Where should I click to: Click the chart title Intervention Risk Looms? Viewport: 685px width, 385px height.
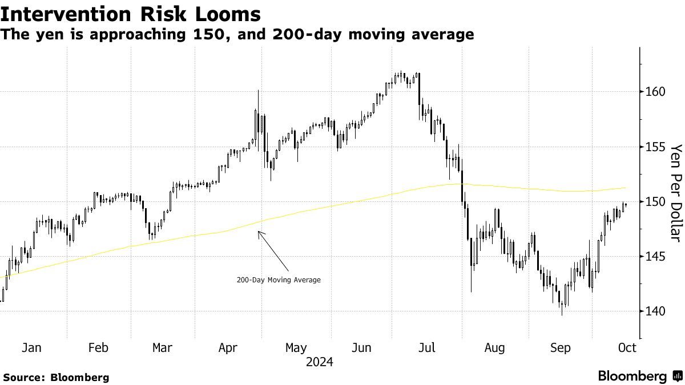[131, 14]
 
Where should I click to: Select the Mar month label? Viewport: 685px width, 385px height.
[163, 348]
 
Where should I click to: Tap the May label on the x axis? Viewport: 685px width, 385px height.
[296, 348]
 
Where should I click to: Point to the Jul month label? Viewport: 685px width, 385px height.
[428, 348]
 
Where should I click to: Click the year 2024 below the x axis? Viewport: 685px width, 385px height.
[319, 362]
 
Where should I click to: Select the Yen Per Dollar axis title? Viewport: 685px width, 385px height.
[676, 193]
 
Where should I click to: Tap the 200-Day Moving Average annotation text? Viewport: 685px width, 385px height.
[279, 280]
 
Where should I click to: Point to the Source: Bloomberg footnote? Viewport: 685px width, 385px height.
[56, 377]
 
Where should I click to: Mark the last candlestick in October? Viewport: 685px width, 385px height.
[626, 205]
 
